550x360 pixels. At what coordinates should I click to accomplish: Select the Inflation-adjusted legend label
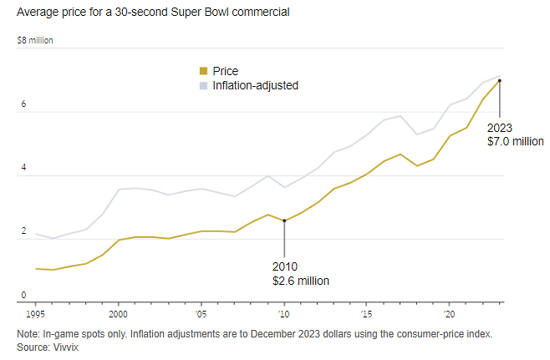(x=256, y=85)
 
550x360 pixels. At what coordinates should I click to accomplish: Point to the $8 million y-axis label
(x=35, y=40)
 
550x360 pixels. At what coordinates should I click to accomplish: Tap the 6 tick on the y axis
(x=24, y=105)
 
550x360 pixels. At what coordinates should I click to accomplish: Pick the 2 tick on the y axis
(x=24, y=232)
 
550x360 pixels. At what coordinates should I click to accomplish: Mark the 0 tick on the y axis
(x=24, y=295)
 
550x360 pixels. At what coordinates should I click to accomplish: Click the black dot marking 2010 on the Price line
(x=284, y=221)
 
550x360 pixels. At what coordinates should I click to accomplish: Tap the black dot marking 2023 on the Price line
(x=500, y=81)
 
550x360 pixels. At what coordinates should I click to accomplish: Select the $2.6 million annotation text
(x=301, y=281)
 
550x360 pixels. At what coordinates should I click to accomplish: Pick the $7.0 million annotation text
(x=516, y=142)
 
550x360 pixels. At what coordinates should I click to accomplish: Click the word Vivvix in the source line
(x=65, y=346)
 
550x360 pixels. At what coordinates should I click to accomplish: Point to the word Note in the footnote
(x=28, y=334)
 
